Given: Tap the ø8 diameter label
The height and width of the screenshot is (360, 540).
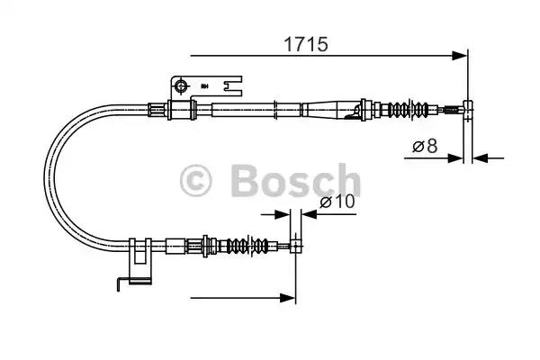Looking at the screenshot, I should point(426,146).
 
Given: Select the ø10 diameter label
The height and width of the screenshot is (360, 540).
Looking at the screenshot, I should point(338,202).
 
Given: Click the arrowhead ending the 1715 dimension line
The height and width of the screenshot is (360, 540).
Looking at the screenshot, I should point(463,55).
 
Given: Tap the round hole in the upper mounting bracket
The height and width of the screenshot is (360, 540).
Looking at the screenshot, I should point(180,86).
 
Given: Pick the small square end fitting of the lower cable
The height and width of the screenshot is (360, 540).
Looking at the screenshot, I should point(294,245).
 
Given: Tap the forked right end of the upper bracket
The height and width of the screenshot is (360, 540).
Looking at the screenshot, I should point(236,86).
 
